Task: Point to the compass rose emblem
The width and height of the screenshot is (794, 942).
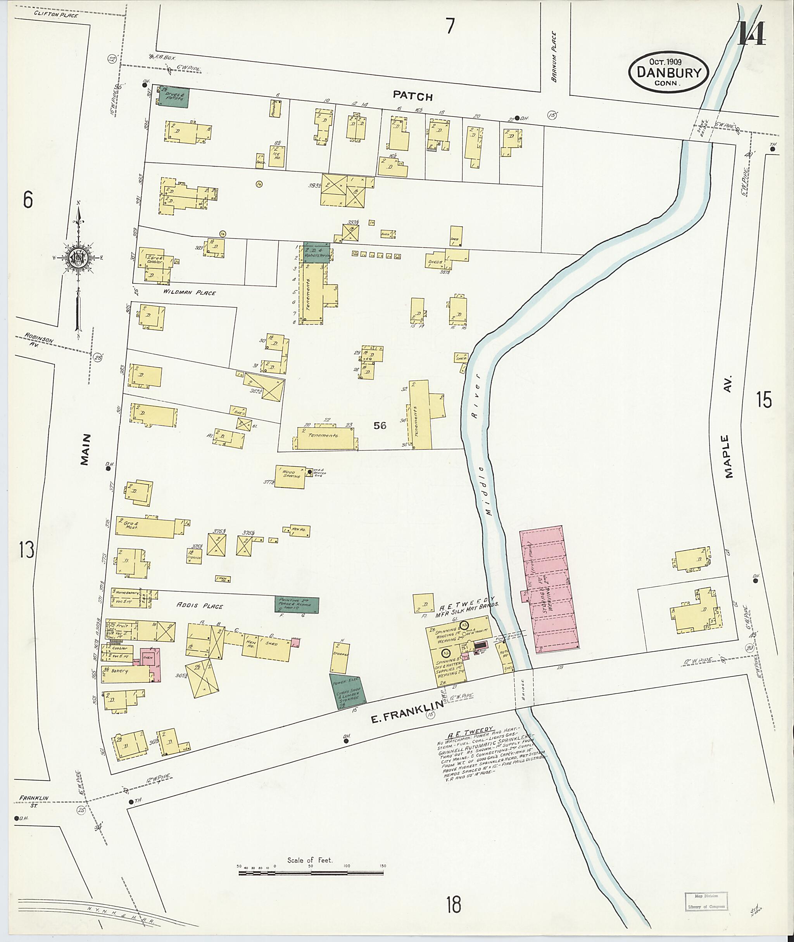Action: [x=79, y=256]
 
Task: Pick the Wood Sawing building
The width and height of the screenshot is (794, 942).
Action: [x=290, y=476]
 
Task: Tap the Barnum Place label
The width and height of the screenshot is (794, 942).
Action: [x=554, y=56]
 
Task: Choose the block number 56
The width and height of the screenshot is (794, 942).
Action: [x=380, y=425]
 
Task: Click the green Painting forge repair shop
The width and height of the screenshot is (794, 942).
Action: [x=297, y=604]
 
